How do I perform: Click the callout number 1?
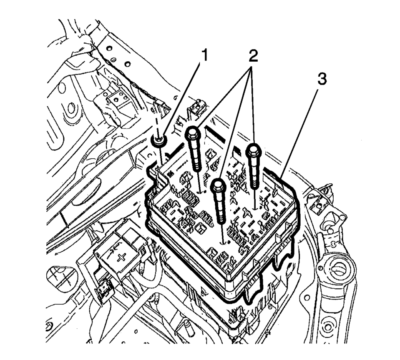coord(205,55)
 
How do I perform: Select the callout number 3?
coord(322,79)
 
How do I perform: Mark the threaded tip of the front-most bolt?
coord(221,215)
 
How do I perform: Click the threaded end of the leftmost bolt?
coord(197,165)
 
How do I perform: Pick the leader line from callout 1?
coord(182,100)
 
